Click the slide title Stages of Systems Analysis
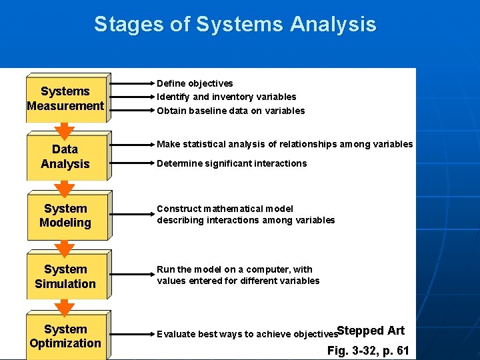[235, 25]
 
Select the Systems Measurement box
[65, 99]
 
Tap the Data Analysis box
[65, 157]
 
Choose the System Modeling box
[65, 216]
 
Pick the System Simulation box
[65, 276]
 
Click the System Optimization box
[65, 336]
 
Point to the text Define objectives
[195, 83]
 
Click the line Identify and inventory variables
[226, 97]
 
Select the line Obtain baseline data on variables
[231, 111]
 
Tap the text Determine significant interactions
[231, 163]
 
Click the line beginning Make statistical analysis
[285, 144]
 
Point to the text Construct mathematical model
[225, 209]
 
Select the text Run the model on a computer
[234, 269]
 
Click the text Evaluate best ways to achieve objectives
[247, 334]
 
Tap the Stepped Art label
[371, 331]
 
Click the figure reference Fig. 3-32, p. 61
[368, 351]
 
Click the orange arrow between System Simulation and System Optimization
[65, 308]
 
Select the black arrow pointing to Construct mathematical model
[131, 215]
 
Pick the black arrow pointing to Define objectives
[131, 84]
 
